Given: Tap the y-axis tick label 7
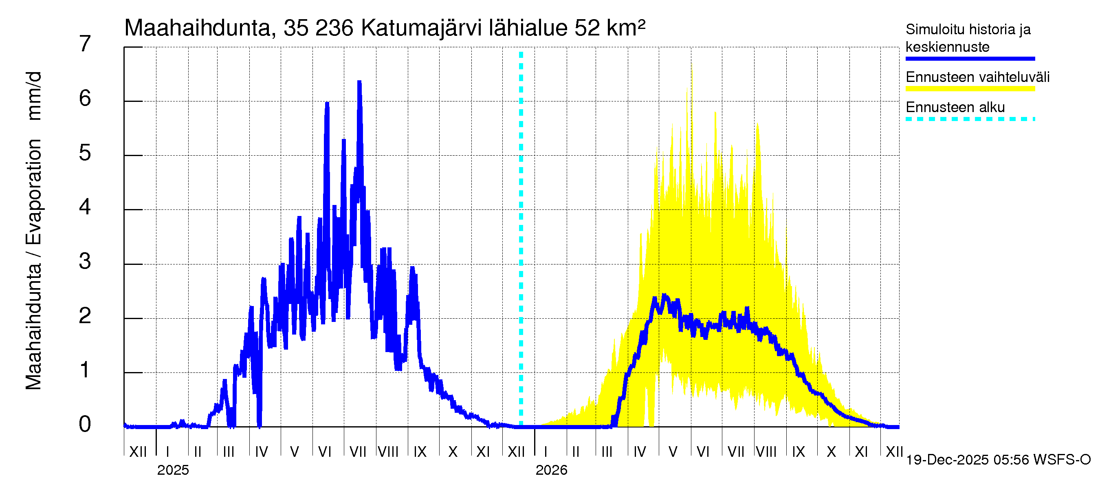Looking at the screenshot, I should pos(85,44).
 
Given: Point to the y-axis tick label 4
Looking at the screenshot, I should pos(85,207).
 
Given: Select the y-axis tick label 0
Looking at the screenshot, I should pos(85,424).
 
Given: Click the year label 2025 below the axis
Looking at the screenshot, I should pos(173,470).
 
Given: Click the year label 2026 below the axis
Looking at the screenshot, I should pos(551,470).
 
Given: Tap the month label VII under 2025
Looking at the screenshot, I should pos(357,452).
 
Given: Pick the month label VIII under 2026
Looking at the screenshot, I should pos(766,452).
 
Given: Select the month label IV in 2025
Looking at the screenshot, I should pos(261,452).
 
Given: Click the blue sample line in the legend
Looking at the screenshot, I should pos(970,59).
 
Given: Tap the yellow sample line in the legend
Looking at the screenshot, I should pos(970,89).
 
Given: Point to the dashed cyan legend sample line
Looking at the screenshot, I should pos(970,119).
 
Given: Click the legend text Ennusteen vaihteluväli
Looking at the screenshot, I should pos(977,77).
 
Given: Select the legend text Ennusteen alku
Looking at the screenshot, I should pos(955,107).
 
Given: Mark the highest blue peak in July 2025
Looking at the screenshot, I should pos(360,82).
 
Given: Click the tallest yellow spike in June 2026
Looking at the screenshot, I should pos(692,65).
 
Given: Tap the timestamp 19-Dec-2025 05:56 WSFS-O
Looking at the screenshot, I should pos(998,460).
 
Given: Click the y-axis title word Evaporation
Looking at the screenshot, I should pos(33,192).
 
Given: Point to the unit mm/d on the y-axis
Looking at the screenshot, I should pos(33,96).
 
